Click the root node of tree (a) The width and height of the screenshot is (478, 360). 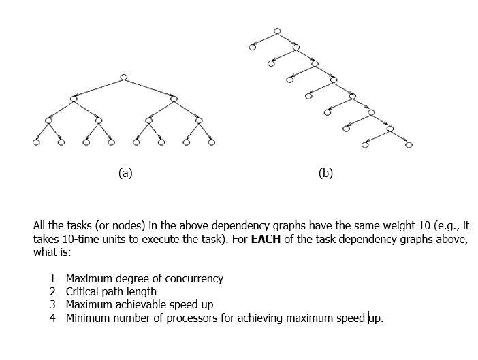coord(123,77)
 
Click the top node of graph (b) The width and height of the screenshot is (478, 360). coord(276,31)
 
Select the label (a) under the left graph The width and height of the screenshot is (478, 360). coord(125,173)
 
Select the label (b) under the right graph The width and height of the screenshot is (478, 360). coord(325,173)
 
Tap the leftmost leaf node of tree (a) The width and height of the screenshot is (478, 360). coord(36,143)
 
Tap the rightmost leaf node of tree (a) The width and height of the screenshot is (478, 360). coord(211,143)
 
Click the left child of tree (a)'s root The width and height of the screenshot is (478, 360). coord(74,99)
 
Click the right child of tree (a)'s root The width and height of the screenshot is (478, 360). coord(174,99)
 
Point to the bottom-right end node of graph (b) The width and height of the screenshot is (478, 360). coord(409,144)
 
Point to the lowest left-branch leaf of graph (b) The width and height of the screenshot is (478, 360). coord(365,144)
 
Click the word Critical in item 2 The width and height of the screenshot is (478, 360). coord(83,291)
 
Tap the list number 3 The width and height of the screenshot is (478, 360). coord(52,304)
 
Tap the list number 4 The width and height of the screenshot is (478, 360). coord(52,317)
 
